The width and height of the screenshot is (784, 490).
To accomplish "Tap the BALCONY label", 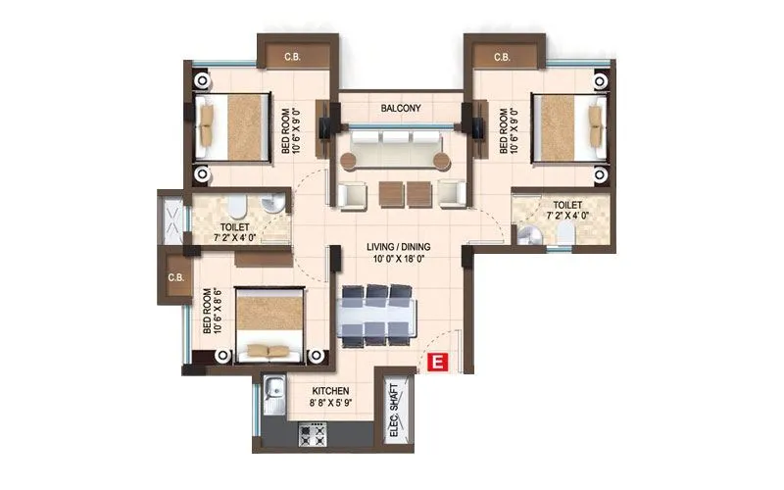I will (401, 109).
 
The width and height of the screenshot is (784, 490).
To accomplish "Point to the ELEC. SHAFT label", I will (394, 408).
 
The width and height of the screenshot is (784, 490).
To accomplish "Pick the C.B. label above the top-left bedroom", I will (292, 57).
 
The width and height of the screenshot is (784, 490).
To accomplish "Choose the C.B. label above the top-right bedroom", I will (502, 57).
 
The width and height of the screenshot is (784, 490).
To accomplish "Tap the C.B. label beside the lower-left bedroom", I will (176, 278).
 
